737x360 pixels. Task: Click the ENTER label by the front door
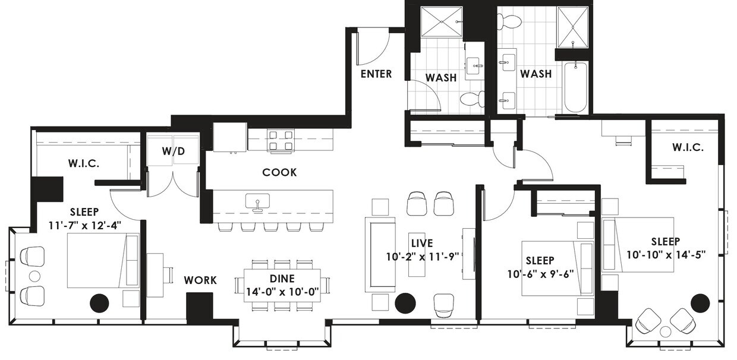tap(376, 74)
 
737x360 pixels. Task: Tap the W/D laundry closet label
tap(174, 151)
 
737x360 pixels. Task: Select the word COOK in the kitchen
tap(279, 172)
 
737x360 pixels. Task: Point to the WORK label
tap(200, 280)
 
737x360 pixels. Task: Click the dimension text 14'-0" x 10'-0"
tap(283, 292)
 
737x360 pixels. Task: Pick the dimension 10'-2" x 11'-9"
tap(423, 257)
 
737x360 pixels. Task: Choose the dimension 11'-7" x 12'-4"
tap(85, 226)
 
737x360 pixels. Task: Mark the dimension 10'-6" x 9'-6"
tap(541, 274)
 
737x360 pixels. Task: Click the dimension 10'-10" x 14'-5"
tap(666, 255)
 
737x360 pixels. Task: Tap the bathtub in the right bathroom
tap(575, 87)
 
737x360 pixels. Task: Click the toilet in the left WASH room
tap(473, 99)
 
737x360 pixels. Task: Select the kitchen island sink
tap(257, 201)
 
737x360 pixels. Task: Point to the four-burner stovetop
tap(281, 140)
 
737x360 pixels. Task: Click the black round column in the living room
tap(405, 303)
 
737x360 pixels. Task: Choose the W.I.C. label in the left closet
tap(84, 163)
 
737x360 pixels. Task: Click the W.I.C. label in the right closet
tap(688, 147)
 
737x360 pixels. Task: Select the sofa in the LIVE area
tap(380, 255)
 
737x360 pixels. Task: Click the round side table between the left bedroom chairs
tap(34, 276)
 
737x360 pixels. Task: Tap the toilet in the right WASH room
tap(509, 21)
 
